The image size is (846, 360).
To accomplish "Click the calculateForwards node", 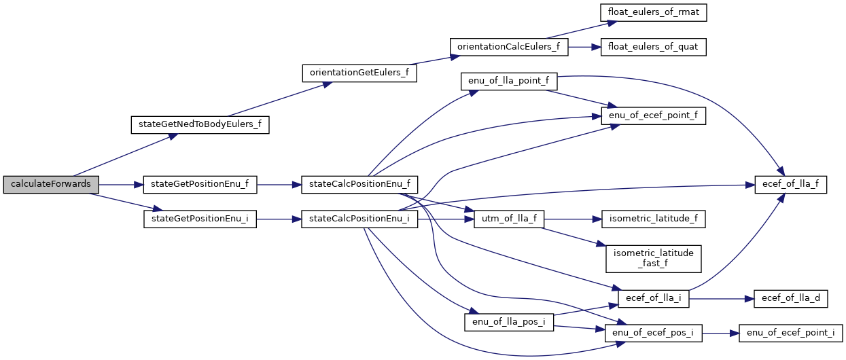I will pos(51,185).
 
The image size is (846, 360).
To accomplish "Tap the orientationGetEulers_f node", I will pos(359,73).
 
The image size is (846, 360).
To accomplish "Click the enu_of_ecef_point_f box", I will pos(654,116).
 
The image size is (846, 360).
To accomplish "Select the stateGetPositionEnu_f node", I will pos(200,185).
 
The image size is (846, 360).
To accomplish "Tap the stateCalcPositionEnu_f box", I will pos(359,185).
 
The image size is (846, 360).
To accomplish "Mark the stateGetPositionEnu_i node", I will pos(200,219).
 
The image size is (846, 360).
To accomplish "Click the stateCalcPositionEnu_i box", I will pos(359,219).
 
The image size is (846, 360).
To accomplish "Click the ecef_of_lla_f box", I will pos(790,185).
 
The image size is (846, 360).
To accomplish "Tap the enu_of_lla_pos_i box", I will pos(509,321).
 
